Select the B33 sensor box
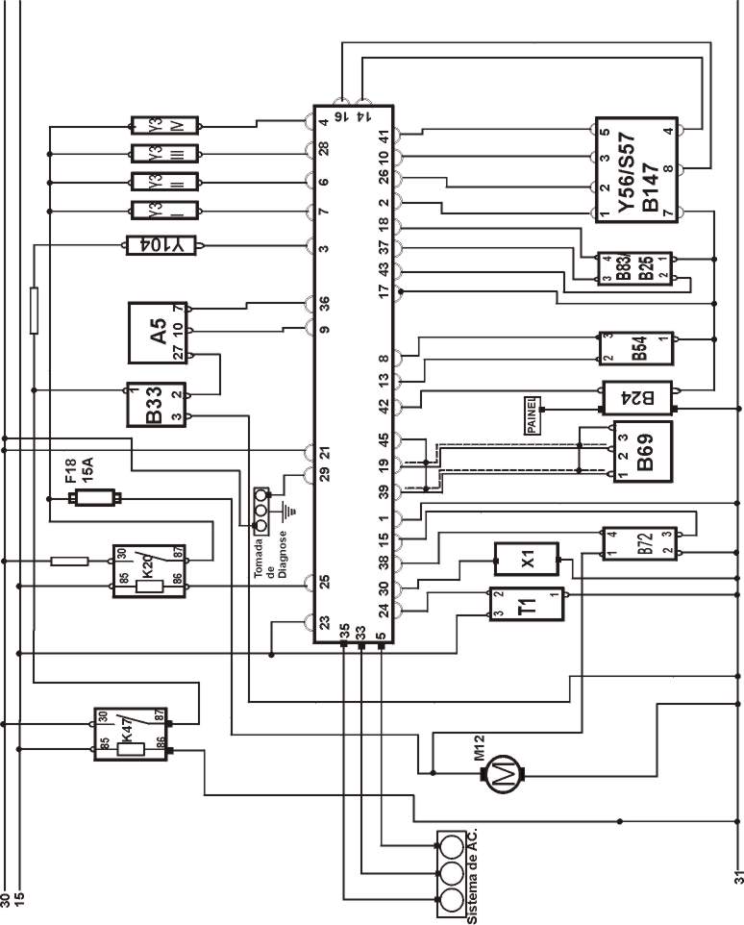(159, 405)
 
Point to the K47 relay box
(132, 736)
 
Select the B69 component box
(635, 451)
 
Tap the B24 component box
(636, 396)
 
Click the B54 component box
(635, 348)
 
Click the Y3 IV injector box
(165, 125)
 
